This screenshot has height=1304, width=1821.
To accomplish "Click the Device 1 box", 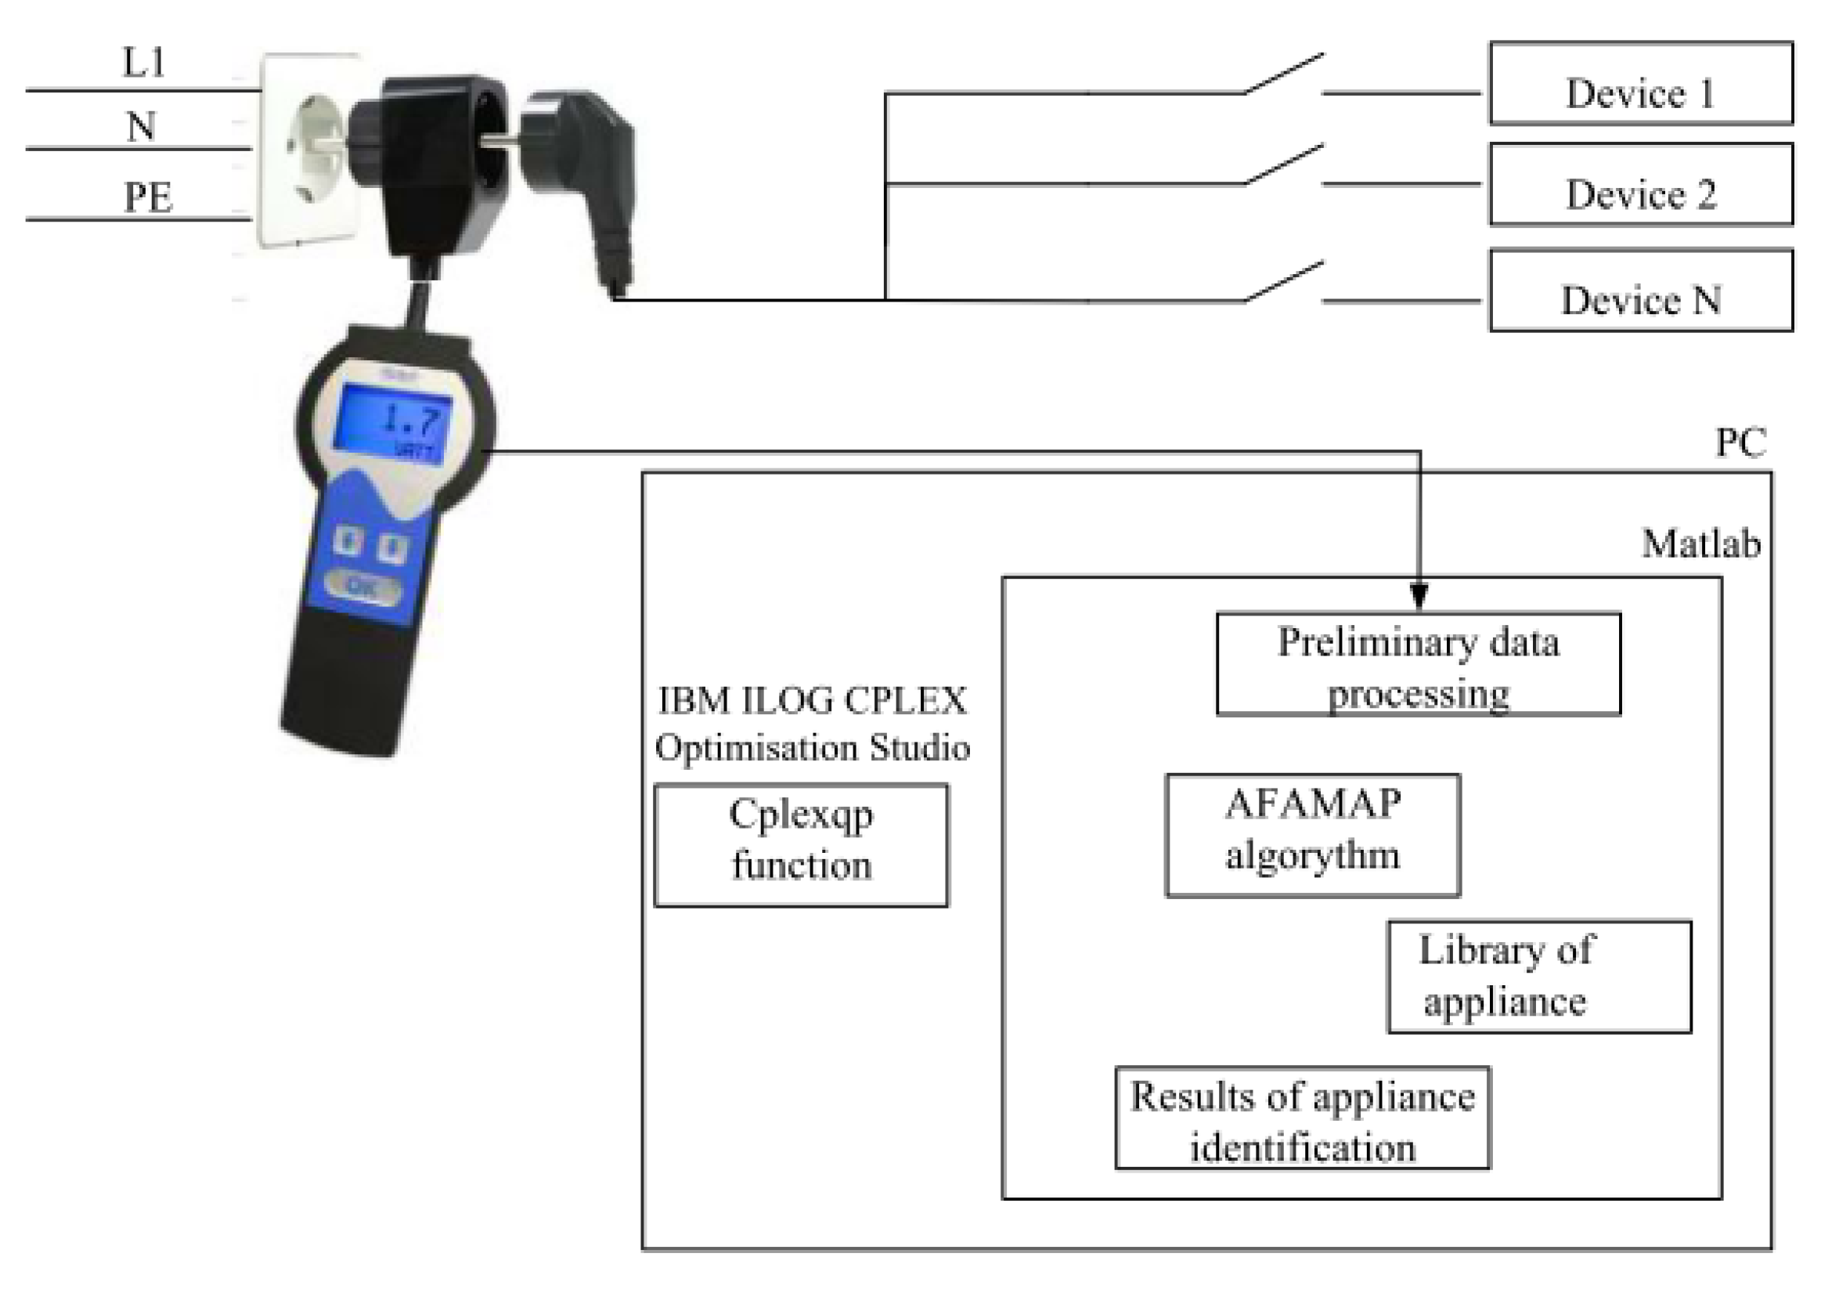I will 1640,84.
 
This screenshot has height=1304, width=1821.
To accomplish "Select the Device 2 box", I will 1640,185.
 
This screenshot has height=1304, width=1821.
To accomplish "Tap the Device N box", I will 1640,291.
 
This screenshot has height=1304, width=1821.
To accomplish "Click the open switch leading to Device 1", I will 1282,74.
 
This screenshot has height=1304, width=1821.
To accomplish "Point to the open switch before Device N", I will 1282,282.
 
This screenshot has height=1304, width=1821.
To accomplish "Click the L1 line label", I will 142,63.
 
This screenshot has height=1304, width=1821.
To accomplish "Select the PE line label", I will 148,197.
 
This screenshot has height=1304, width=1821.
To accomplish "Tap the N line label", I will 141,127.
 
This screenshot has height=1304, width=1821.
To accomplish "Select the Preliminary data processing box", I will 1418,664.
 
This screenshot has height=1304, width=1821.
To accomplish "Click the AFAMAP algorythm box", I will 1312,835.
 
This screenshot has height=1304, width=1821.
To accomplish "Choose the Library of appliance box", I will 1539,977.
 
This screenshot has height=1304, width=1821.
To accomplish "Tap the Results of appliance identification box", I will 1302,1118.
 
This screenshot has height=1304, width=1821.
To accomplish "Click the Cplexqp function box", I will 801,846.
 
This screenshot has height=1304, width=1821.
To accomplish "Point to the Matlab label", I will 1700,544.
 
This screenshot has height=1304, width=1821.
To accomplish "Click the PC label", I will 1740,442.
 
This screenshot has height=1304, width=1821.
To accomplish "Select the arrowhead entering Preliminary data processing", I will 1418,597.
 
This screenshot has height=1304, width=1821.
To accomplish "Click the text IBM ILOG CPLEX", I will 812,701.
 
